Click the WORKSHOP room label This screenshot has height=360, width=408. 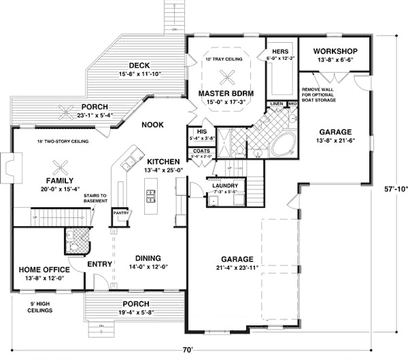pos(337,51)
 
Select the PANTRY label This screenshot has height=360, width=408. pos(120,213)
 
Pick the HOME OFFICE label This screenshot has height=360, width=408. pos(41,269)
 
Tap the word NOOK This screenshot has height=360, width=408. pos(152,124)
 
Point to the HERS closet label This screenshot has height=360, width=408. pos(280,51)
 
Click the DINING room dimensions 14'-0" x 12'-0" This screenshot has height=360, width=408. pos(148,267)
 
